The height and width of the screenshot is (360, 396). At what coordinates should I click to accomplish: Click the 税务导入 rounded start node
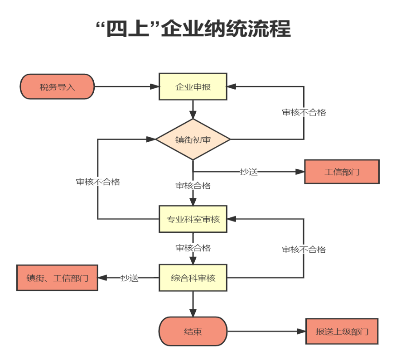57,87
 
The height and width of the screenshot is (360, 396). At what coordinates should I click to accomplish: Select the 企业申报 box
193,87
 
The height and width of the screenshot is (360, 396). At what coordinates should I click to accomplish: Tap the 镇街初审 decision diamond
193,139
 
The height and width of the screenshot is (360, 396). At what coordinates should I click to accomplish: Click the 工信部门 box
342,172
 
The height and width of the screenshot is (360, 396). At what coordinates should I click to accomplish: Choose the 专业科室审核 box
193,220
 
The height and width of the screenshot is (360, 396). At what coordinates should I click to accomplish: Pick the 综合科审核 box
193,278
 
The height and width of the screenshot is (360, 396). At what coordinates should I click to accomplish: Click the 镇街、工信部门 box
57,278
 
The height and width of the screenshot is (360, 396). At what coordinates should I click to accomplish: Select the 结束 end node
193,331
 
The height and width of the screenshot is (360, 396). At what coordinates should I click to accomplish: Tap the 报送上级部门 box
342,331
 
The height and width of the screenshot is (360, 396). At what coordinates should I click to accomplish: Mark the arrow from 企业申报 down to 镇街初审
193,109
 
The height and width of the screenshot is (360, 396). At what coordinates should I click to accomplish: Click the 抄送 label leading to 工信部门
249,172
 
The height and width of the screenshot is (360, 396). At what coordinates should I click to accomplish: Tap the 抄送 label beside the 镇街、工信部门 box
129,278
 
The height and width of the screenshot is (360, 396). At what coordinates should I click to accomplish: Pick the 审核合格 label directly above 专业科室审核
193,186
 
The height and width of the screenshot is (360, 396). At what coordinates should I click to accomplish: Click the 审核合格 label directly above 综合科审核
193,248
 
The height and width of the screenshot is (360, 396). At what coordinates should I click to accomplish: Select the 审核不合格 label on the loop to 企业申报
304,113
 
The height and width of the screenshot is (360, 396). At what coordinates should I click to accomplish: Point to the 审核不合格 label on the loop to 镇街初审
98,182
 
